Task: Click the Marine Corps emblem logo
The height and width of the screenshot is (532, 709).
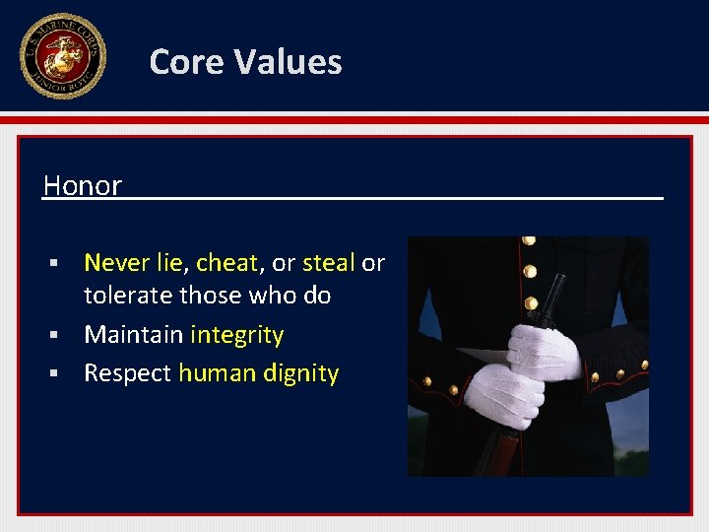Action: click(62, 56)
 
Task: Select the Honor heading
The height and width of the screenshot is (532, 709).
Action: click(83, 185)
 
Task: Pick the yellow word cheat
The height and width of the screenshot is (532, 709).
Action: click(226, 263)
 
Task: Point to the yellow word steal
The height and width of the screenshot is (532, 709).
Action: click(328, 263)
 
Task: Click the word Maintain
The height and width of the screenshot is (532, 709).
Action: click(133, 335)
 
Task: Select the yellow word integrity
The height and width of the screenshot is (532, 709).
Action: click(236, 336)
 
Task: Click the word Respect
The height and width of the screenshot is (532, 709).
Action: click(127, 373)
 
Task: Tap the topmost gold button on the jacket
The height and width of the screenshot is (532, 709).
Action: click(530, 241)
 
